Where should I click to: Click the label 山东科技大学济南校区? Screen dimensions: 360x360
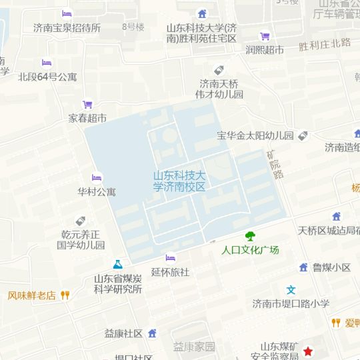pos(179,181)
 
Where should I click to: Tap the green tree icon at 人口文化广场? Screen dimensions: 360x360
pos(250,236)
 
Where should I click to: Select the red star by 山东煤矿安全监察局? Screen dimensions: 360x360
pos(308,351)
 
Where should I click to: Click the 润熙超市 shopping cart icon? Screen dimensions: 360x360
pos(265,36)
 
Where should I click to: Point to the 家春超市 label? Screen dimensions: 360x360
pos(87,118)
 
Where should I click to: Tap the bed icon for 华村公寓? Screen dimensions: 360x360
pos(97,178)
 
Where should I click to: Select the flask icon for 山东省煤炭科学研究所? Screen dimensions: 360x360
pos(117,265)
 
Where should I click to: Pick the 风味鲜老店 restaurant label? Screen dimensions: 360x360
pos(31,295)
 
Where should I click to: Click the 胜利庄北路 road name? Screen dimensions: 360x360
pos(325,45)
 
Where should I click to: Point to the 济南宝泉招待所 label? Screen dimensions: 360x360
pos(67,28)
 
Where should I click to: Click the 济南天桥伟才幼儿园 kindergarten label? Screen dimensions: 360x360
pos(219,89)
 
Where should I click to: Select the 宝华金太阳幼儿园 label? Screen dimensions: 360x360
pos(255,135)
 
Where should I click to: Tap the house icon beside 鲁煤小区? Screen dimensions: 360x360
pos(303,267)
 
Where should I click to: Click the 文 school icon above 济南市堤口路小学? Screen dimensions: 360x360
pos(291,290)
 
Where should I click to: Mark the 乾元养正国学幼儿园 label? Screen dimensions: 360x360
pos(81,239)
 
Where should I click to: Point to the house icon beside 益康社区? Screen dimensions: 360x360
pos(152,333)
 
